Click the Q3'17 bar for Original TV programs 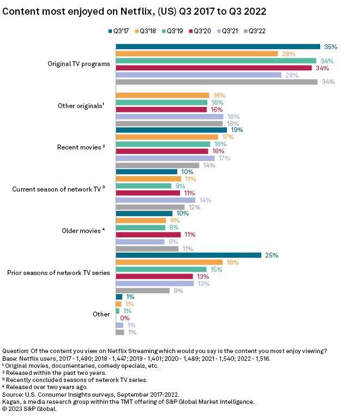click(218, 46)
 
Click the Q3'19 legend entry click(175, 32)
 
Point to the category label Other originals click(81, 105)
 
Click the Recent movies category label click(81, 147)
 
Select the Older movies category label click(82, 231)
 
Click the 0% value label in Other click(124, 318)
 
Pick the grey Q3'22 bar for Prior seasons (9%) click(142, 290)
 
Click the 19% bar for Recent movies click(171, 130)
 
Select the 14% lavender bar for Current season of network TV click(155, 200)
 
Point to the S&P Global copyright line click(29, 409)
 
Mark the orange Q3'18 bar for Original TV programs click(197, 53)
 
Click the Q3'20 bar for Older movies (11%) click(148, 235)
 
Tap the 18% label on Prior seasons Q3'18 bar click(248, 262)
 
